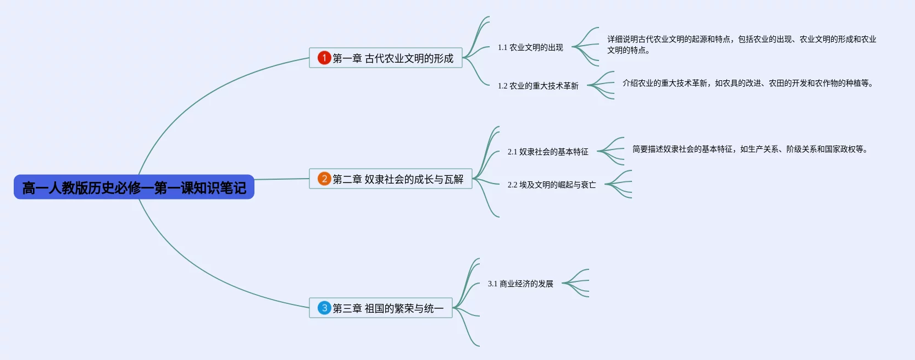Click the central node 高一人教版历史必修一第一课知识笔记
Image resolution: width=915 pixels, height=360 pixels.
point(134,187)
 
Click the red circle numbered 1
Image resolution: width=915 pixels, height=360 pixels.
point(324,58)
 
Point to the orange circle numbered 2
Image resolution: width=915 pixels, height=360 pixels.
point(324,179)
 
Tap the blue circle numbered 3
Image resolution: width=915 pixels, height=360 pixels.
point(324,308)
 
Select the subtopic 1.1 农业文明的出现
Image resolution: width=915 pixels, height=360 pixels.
point(530,48)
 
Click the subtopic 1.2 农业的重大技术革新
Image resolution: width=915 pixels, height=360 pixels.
point(538,86)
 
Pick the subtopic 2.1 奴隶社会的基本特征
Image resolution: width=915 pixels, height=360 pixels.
point(548,152)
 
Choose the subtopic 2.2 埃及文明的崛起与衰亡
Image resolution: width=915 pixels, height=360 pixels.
point(552,185)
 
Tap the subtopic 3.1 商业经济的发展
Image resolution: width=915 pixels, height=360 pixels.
point(520,284)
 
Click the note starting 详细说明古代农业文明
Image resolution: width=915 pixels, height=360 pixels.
point(741,45)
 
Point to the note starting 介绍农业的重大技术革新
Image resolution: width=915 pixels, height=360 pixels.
point(747,83)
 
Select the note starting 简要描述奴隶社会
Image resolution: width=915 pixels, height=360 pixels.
point(750,149)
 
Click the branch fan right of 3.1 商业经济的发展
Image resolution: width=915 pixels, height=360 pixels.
point(576,283)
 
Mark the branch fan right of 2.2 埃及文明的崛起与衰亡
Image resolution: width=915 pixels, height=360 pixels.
point(619,184)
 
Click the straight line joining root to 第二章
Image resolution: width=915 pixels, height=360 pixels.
point(281,179)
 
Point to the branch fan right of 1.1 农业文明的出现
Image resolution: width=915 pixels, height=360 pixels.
point(586,47)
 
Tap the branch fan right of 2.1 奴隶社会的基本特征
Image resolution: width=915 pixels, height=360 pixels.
point(612,151)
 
